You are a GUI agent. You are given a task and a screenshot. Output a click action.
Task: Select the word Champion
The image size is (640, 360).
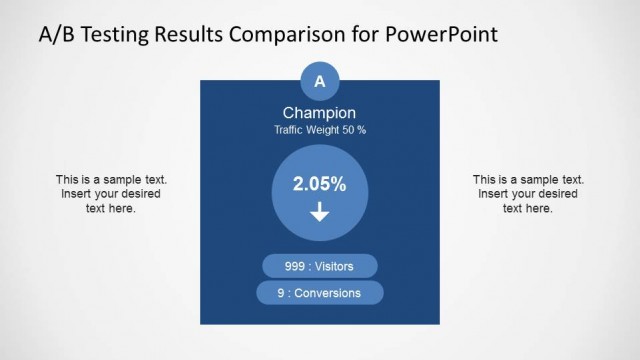[320, 113]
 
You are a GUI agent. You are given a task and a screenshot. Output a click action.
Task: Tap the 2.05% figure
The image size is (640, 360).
[320, 184]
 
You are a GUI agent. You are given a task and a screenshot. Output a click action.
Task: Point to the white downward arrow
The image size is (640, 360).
[320, 211]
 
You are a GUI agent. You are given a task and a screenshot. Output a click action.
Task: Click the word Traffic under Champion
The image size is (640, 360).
[291, 131]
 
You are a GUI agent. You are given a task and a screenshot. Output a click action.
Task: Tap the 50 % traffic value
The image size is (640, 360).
[356, 131]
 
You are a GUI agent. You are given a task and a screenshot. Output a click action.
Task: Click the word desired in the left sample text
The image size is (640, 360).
[139, 194]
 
